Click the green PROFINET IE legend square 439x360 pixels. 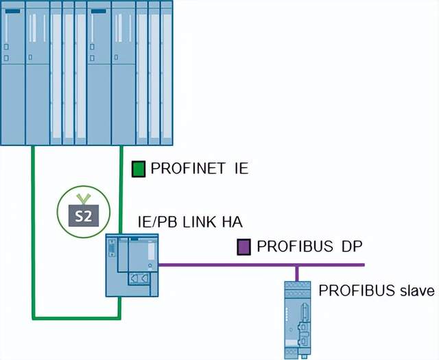point(139,169)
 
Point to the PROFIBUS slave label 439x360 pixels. point(377,291)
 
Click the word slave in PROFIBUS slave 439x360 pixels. point(418,291)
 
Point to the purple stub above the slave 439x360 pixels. point(296,273)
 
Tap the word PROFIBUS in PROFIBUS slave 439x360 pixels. point(359,291)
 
